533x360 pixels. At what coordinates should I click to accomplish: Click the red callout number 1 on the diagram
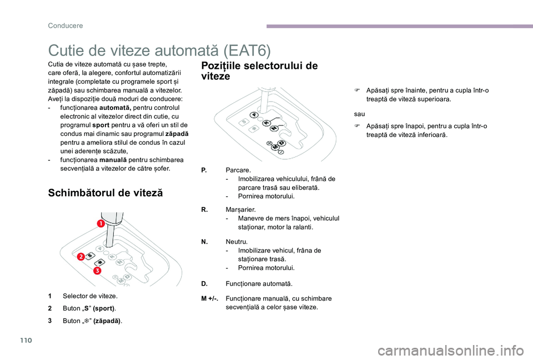coord(102,224)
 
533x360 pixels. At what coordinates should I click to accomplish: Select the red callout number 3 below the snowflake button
coord(96,270)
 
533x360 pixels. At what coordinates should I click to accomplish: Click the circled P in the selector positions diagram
coord(254,115)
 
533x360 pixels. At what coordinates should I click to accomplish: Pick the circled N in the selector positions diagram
coord(273,128)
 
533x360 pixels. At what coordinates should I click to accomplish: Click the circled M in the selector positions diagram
coord(275,146)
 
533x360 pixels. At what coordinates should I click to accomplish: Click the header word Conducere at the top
coord(66,25)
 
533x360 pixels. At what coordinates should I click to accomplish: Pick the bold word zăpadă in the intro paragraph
coord(177,134)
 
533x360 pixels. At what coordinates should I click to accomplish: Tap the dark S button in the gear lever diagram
coord(90,255)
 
